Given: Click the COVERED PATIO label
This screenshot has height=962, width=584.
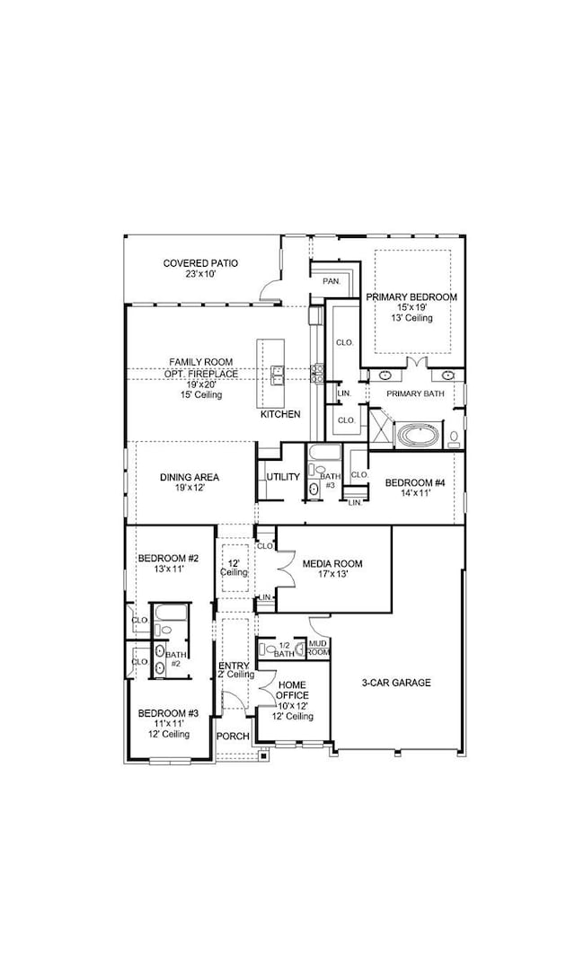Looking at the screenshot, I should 200,263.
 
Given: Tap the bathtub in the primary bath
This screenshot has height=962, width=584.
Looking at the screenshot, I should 418,437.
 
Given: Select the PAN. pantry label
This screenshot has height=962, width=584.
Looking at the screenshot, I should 332,281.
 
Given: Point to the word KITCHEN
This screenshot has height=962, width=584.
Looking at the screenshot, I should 279,414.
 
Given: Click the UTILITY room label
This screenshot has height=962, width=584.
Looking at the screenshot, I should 282,476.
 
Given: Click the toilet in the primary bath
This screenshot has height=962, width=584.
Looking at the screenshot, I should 455,439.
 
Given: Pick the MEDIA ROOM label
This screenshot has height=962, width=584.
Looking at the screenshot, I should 332,563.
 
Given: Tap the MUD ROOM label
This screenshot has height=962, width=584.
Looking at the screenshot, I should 318,648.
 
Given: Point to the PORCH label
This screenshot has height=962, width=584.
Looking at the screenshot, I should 233,737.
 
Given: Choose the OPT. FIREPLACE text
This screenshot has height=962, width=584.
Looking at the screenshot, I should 194,374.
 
